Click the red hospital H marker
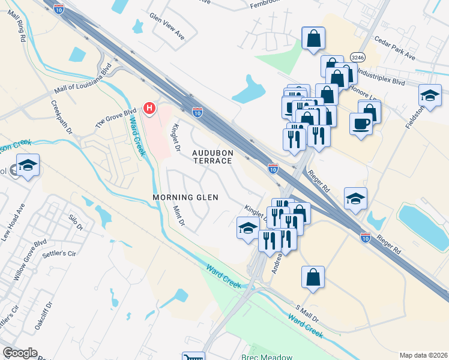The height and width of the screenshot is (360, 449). click(149, 109)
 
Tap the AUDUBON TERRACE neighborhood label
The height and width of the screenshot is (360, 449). click(212, 157)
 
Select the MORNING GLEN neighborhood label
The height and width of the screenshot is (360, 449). click(185, 197)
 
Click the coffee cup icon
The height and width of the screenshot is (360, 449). click(360, 124)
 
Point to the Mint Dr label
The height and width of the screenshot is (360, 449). click(178, 217)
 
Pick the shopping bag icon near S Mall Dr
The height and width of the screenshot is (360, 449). click(312, 278)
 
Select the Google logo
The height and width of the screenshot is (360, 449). click(20, 353)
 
